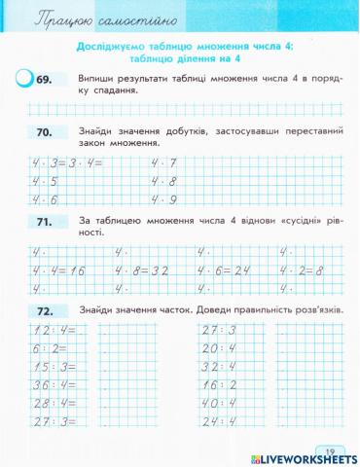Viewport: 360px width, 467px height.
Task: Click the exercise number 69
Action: [x=48, y=80]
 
